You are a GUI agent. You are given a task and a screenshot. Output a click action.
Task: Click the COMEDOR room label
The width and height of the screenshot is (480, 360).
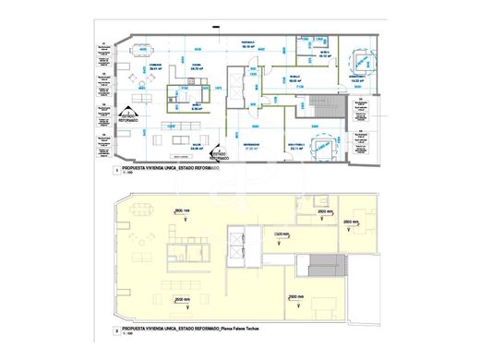pos(144,66)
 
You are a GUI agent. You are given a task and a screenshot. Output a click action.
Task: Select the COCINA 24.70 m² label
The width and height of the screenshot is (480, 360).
pos(196,66)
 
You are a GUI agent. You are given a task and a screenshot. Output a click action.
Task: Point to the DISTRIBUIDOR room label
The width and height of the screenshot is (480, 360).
pos(250,145)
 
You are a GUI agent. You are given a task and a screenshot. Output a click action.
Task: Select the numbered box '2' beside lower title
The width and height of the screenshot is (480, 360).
pos(114,330)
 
